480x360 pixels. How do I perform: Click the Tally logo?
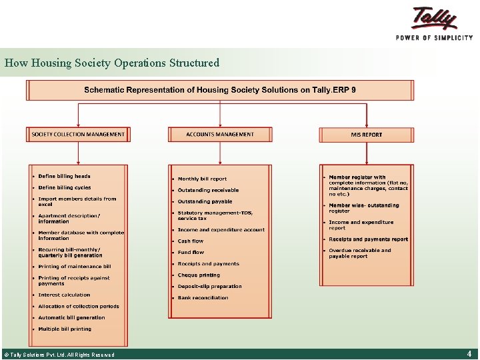(435, 18)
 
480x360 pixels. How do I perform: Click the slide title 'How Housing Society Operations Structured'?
(112, 63)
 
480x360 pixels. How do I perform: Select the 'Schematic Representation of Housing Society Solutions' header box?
(220, 90)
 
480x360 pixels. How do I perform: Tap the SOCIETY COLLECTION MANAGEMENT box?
(78, 135)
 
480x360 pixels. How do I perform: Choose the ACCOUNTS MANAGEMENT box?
(220, 135)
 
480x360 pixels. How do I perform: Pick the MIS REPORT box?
(366, 135)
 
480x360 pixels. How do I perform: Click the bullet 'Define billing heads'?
(64, 176)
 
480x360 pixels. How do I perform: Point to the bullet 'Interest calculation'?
(64, 295)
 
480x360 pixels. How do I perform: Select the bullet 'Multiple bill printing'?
(65, 329)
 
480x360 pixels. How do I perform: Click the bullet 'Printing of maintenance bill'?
(75, 267)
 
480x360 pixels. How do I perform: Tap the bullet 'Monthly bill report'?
(202, 179)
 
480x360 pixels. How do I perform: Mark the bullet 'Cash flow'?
(191, 241)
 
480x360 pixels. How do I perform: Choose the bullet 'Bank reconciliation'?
(203, 298)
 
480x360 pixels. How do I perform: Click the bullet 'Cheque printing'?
(199, 275)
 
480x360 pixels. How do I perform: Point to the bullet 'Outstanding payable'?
(205, 201)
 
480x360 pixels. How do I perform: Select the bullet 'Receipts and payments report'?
(368, 239)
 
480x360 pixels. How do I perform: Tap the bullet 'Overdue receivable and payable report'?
(360, 253)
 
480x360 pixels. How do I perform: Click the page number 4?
(469, 353)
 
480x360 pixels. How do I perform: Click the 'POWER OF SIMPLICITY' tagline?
(434, 38)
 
